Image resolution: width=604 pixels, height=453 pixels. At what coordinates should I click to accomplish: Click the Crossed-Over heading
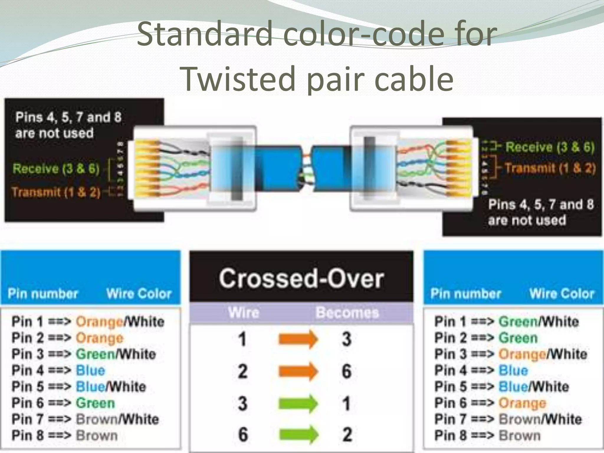click(301, 279)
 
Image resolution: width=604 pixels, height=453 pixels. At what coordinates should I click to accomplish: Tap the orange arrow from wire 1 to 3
click(298, 339)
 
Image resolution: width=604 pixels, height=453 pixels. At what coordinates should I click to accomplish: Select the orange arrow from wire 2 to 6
click(298, 371)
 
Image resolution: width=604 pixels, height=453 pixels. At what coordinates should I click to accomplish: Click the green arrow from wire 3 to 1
click(298, 403)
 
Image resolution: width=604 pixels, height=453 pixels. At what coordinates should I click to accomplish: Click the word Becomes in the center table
click(347, 313)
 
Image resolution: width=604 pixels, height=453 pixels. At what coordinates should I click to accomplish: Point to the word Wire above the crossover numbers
click(244, 313)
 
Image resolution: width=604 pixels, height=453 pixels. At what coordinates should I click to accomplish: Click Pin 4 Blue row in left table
click(58, 370)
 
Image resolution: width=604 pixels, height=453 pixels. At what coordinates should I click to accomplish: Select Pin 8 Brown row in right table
click(487, 436)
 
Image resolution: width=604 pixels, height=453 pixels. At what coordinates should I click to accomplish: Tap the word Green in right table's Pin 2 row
click(518, 338)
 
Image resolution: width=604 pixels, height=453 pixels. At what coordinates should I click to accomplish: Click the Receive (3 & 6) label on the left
click(56, 169)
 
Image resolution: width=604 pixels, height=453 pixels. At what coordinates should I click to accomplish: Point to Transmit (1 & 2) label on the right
click(550, 168)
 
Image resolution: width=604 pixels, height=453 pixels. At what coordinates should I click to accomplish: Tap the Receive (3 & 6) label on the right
click(550, 147)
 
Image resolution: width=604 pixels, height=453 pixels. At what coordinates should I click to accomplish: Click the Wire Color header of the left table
click(139, 294)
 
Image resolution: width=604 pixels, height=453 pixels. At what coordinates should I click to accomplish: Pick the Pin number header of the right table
click(466, 294)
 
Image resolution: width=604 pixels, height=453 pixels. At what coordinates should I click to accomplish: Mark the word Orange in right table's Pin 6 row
click(522, 403)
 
